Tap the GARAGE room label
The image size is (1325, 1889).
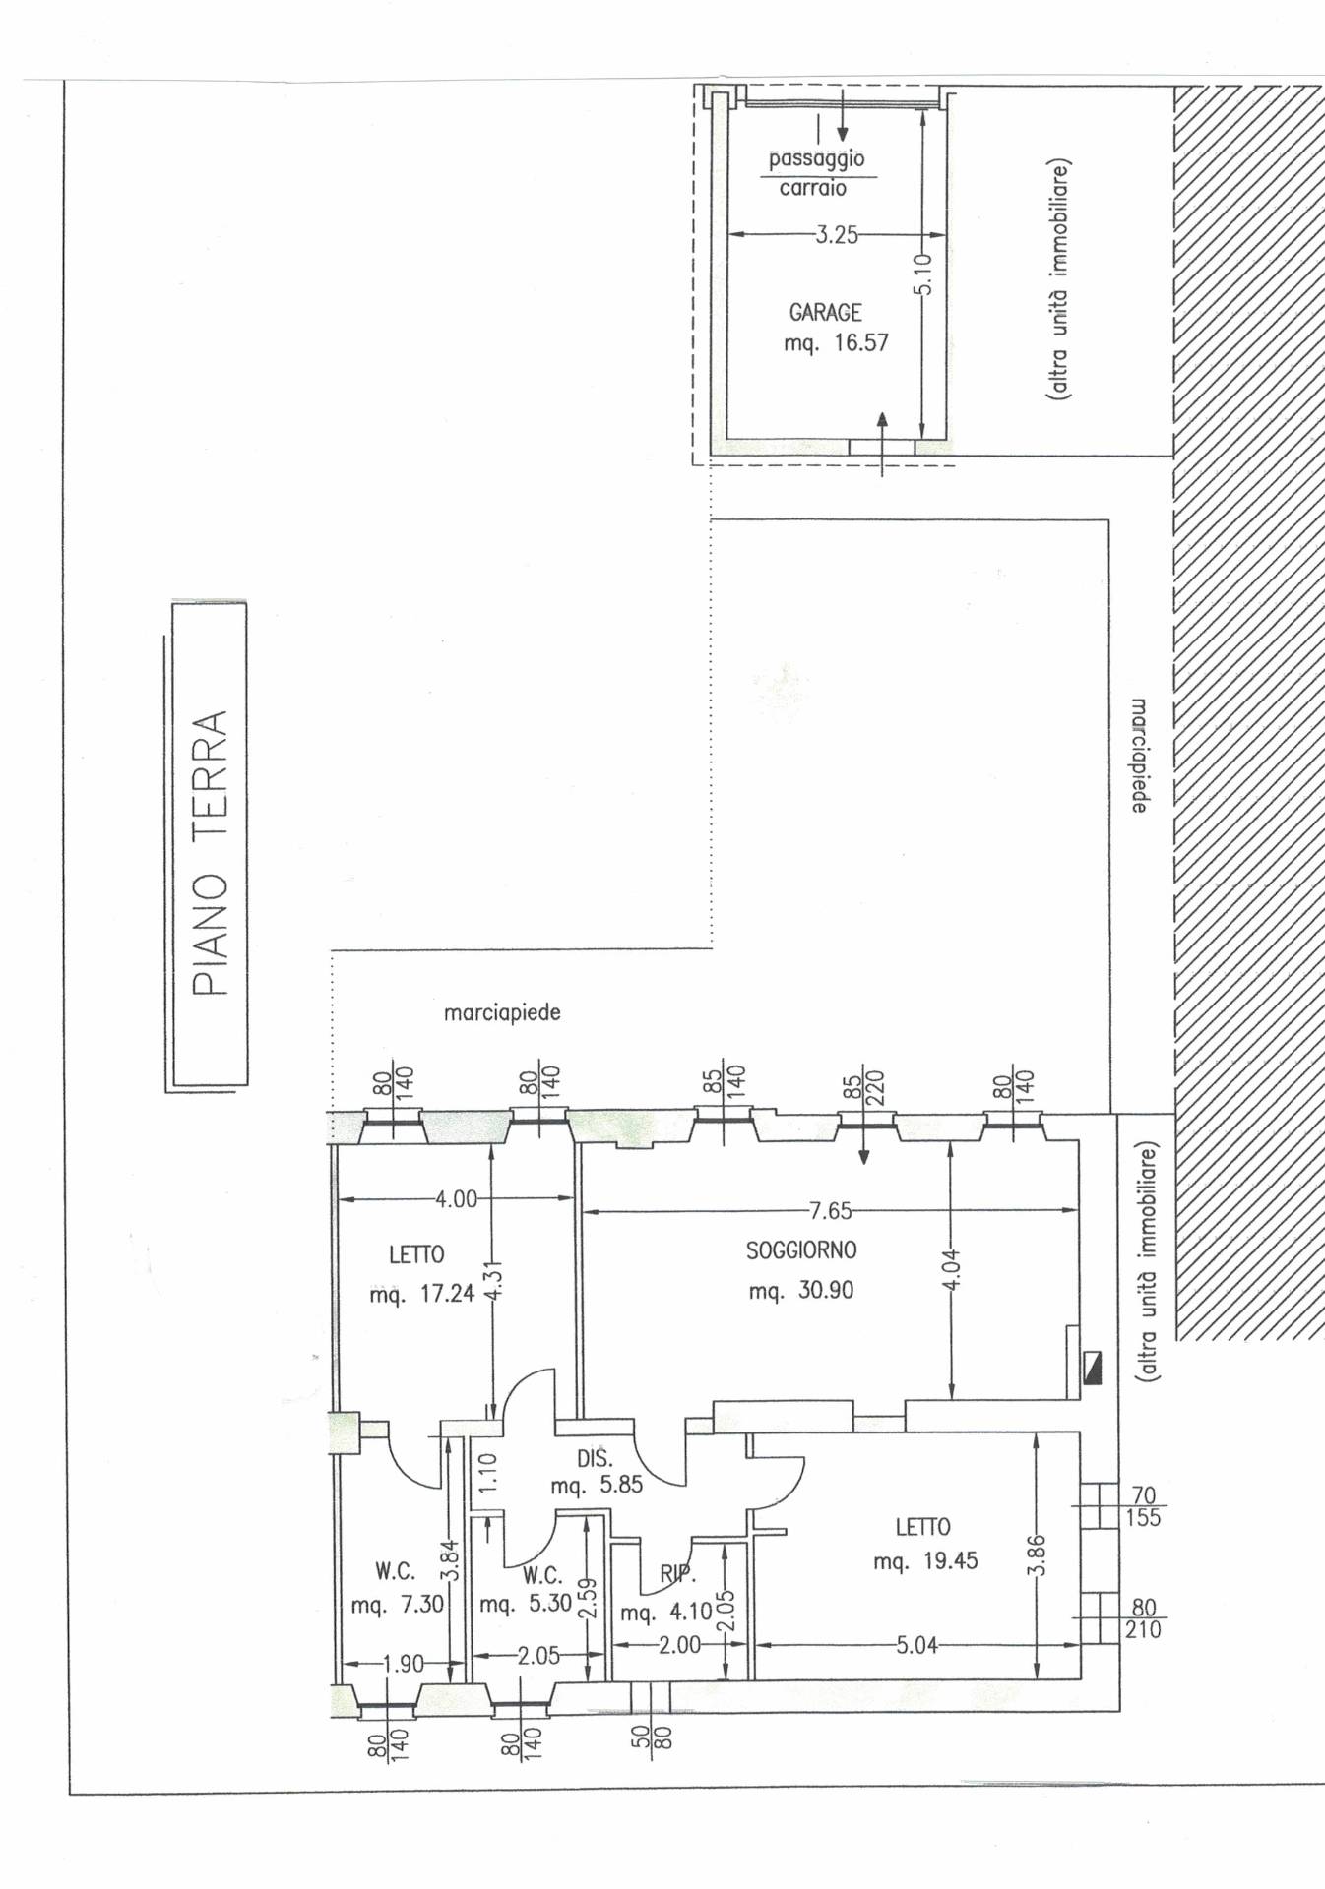825,313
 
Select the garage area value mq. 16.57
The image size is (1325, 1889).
836,343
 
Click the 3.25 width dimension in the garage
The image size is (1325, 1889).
836,235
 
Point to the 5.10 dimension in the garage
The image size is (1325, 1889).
923,274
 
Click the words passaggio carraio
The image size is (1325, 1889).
816,173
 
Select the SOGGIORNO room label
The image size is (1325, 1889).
801,1250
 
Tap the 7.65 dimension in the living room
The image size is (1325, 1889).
831,1210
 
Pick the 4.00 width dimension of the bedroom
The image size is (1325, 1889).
456,1199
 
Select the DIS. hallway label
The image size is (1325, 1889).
595,1460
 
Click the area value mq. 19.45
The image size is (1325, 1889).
925,1561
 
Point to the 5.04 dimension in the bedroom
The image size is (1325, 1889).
916,1645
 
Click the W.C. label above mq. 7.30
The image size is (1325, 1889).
395,1571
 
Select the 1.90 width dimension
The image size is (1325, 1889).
403,1664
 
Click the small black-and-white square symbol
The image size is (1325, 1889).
1091,1368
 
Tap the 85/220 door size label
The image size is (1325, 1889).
863,1085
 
